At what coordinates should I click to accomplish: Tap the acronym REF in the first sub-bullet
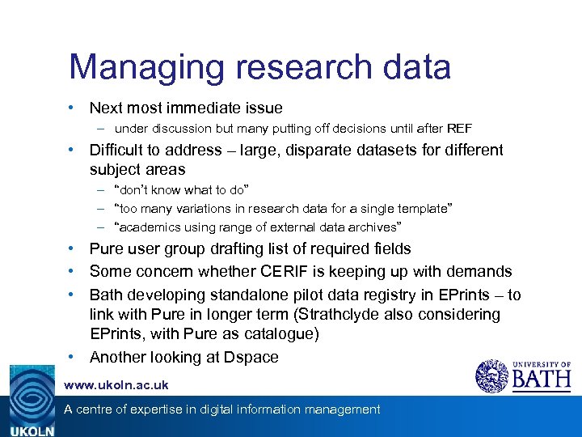[459, 129]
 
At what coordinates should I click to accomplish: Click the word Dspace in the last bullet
[252, 357]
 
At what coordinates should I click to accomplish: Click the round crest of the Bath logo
[492, 376]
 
